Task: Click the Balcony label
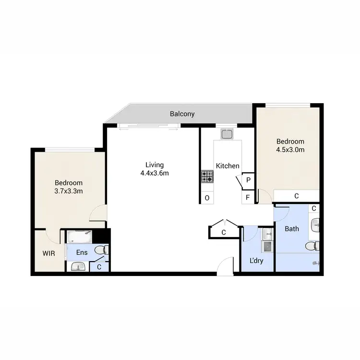[x=181, y=114]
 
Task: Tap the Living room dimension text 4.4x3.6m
[x=154, y=173]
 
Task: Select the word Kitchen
[x=228, y=166]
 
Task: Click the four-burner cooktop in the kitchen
[x=207, y=177]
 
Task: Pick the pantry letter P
[x=248, y=180]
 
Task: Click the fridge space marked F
[x=248, y=197]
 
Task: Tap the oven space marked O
[x=207, y=197]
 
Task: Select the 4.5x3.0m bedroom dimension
[x=290, y=150]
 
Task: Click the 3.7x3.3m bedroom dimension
[x=69, y=191]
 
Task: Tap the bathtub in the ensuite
[x=79, y=236]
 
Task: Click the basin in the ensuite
[x=77, y=266]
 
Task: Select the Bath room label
[x=292, y=229]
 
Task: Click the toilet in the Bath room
[x=313, y=246]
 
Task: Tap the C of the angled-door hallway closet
[x=224, y=233]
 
